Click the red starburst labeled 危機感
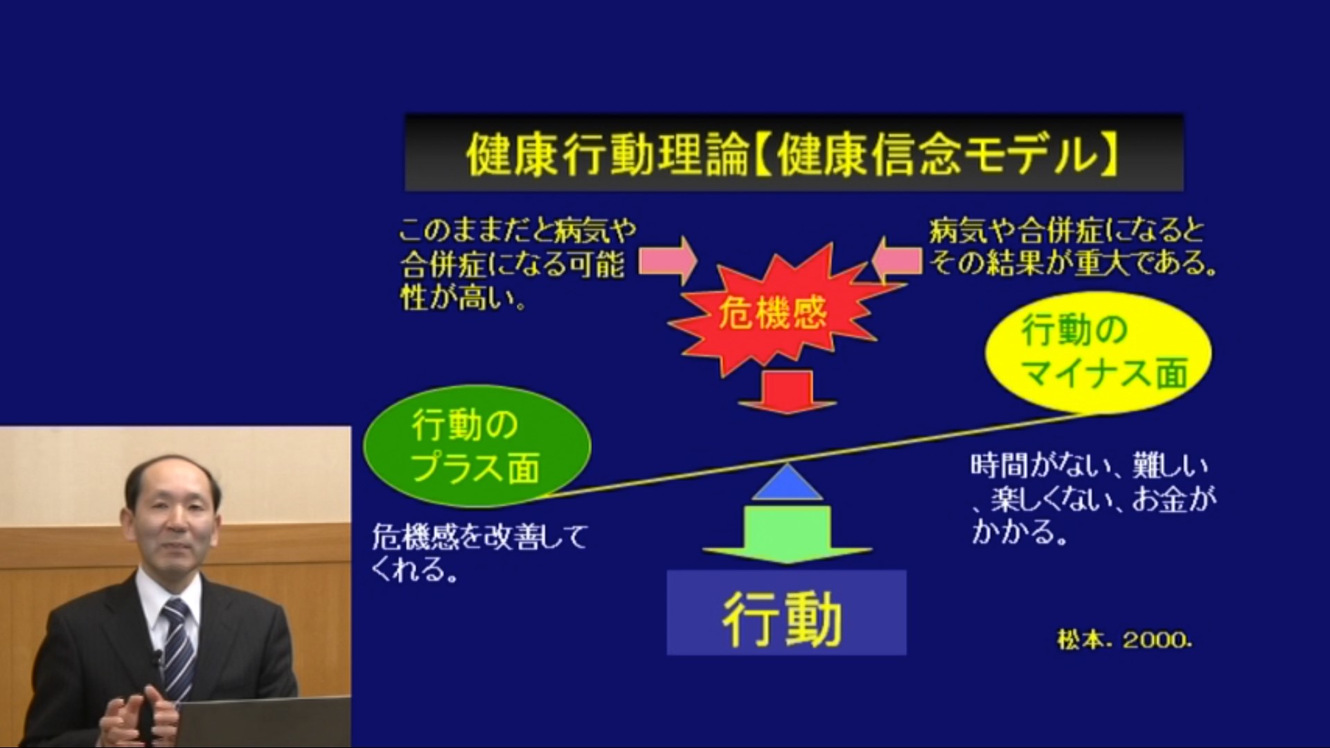coord(776,312)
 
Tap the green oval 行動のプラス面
coord(477,445)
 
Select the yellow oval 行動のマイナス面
coord(1099,352)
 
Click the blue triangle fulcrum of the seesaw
coord(787,482)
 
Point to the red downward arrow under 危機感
coord(787,391)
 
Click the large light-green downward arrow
coord(787,534)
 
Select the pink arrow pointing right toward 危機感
coord(667,261)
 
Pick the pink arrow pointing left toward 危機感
coord(896,261)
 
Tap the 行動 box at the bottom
coord(786,613)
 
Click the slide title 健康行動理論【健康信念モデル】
coord(794,153)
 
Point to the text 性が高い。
coord(463,298)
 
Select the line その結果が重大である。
coord(1074,263)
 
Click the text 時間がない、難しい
coord(1090,465)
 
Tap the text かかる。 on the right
coord(1019,532)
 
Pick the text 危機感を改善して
coord(480,537)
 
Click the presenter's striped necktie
coord(177,648)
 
